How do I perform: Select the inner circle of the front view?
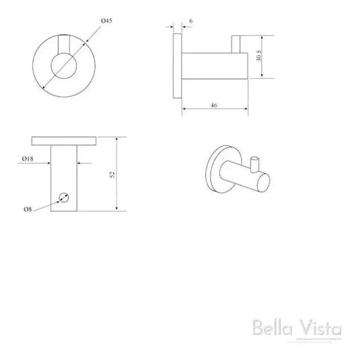[65, 68]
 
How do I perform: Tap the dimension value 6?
[192, 22]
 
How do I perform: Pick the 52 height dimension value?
[113, 174]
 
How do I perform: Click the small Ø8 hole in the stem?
[65, 197]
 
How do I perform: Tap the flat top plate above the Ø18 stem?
[65, 141]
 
